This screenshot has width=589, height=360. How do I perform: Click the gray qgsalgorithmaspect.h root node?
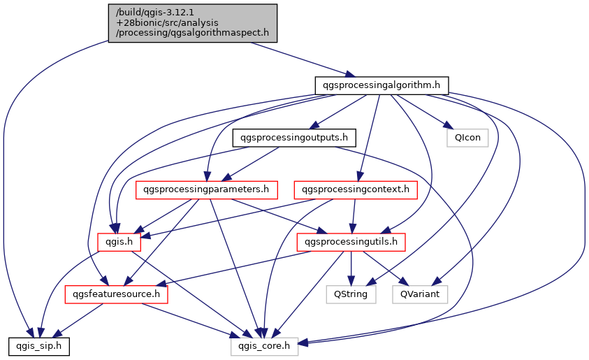193,22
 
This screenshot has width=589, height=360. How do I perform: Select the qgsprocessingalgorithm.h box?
381,85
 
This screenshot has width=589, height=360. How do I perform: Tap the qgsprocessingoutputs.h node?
294,137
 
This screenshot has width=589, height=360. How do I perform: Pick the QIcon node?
467,137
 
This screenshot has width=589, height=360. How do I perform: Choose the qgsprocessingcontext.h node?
356,189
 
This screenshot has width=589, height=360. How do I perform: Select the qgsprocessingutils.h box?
351,242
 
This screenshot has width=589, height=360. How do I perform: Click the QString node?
351,294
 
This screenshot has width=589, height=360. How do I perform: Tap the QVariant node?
420,294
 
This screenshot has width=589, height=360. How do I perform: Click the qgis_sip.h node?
39,346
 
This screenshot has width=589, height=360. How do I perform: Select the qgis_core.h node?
264,346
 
